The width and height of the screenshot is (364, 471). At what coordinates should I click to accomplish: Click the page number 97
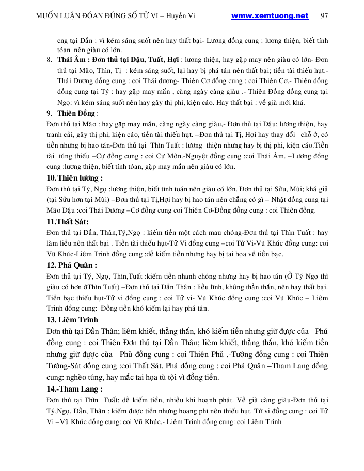click(x=324, y=15)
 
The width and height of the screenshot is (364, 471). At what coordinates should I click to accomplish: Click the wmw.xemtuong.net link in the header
click(x=270, y=15)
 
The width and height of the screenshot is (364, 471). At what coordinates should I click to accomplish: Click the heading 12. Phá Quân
click(x=71, y=265)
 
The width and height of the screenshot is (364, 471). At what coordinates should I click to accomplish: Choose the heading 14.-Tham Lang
click(x=74, y=388)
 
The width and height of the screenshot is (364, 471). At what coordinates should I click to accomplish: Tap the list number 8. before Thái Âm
click(x=49, y=60)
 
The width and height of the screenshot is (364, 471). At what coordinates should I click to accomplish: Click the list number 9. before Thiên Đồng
click(x=49, y=113)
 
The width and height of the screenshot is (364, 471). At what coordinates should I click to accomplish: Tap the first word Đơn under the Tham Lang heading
click(x=53, y=400)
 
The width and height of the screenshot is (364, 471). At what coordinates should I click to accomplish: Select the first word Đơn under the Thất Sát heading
click(x=53, y=233)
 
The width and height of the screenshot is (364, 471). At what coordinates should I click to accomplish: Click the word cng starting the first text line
click(x=63, y=40)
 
